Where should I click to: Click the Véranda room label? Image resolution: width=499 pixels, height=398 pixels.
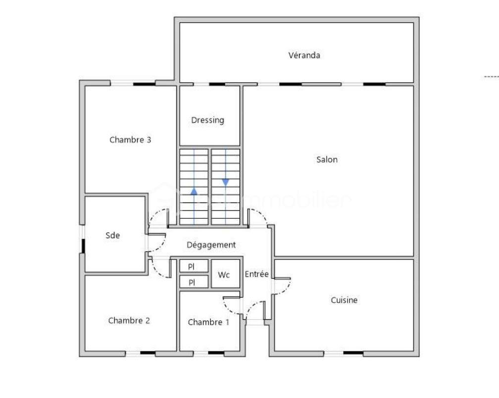[x=304, y=55]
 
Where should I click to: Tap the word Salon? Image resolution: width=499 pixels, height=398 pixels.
[x=327, y=159]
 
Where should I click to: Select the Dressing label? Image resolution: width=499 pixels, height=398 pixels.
[x=207, y=120]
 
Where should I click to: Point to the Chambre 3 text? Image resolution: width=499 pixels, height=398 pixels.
[x=130, y=140]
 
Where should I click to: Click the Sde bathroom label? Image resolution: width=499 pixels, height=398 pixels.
[x=113, y=236]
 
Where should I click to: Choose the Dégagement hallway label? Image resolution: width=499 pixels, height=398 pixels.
[x=211, y=245]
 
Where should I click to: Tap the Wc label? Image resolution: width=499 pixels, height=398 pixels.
[x=224, y=275]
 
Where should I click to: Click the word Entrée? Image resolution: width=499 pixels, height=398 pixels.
[x=256, y=274]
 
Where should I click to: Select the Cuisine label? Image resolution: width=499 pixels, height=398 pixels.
[x=344, y=300]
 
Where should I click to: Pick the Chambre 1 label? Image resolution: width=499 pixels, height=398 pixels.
[x=208, y=322]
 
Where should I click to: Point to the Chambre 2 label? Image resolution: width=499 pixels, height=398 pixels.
[x=129, y=321]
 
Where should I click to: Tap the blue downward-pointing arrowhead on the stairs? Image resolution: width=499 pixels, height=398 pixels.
[x=226, y=182]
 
